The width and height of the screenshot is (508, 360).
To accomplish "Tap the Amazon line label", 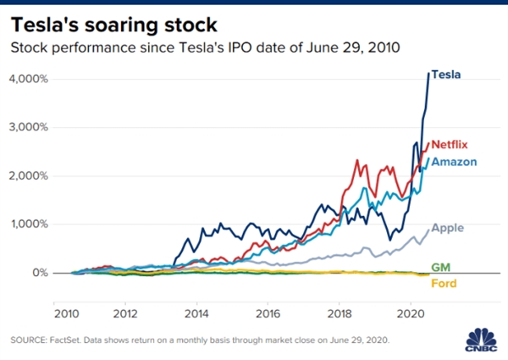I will pyautogui.click(x=453, y=161).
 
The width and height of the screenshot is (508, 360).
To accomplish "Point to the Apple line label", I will pyautogui.click(x=447, y=228).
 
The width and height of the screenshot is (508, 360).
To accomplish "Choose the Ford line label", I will pyautogui.click(x=442, y=283).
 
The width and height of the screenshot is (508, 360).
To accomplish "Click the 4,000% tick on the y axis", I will pyautogui.click(x=30, y=79).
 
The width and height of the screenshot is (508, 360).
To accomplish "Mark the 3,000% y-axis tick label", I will pyautogui.click(x=30, y=127).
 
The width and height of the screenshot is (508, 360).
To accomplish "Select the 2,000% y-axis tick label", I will pyautogui.click(x=30, y=176).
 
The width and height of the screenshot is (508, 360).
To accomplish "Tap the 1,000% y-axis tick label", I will pyautogui.click(x=30, y=224).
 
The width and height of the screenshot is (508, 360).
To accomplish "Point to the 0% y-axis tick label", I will pyautogui.click(x=39, y=273).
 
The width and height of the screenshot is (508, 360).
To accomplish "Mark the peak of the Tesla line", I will pyautogui.click(x=426, y=74).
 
